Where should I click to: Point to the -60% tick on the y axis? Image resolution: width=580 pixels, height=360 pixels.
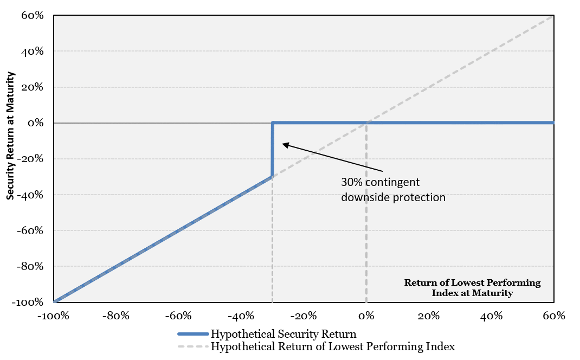point(30,231)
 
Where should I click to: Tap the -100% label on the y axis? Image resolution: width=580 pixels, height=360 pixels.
point(28,303)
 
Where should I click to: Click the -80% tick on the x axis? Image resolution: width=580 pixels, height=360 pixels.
point(116,316)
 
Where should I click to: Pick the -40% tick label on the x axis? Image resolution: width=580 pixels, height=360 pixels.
point(241,316)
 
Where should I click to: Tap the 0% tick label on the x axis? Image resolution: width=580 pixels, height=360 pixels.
point(366,316)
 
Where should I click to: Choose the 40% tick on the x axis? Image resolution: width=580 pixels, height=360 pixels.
point(491,316)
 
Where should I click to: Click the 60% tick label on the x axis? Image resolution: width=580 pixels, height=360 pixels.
point(554,316)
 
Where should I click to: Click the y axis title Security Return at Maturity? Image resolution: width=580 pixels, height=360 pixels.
point(10,136)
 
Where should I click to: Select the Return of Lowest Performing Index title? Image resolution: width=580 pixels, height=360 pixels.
point(472,288)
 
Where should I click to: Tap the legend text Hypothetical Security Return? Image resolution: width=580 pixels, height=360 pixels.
point(283,334)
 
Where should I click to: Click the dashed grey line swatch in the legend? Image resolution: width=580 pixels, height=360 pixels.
point(193,346)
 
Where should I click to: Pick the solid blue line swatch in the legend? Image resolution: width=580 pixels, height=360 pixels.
point(193,334)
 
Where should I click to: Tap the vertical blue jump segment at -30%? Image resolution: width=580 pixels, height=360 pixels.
point(272,150)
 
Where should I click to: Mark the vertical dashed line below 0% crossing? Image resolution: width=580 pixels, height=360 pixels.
point(366,213)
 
